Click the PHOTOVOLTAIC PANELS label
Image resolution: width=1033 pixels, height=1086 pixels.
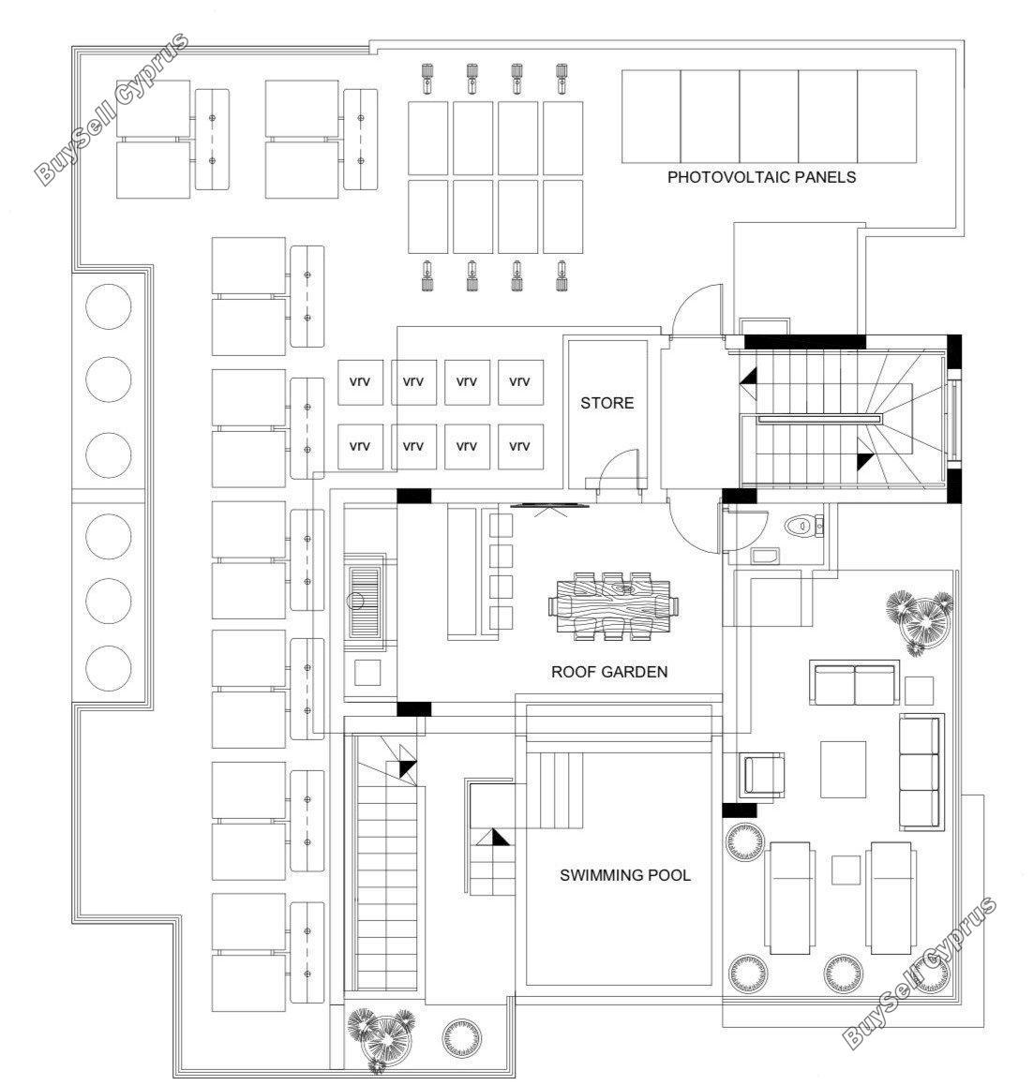(761, 177)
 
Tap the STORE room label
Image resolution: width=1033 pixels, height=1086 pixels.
(606, 403)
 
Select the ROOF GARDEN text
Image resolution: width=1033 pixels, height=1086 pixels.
(609, 672)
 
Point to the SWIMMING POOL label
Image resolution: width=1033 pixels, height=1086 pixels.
(625, 875)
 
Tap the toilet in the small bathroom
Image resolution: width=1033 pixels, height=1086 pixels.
(801, 527)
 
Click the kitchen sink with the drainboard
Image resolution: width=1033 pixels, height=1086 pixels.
(365, 602)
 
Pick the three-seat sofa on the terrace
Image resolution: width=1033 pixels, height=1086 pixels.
(921, 772)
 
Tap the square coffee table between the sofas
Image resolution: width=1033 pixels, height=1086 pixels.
(843, 769)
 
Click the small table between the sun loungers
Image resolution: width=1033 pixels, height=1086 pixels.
(846, 870)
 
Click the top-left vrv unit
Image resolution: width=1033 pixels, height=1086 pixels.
(360, 381)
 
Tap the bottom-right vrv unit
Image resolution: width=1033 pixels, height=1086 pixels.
(519, 447)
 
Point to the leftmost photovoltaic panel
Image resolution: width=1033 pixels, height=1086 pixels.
(651, 115)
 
